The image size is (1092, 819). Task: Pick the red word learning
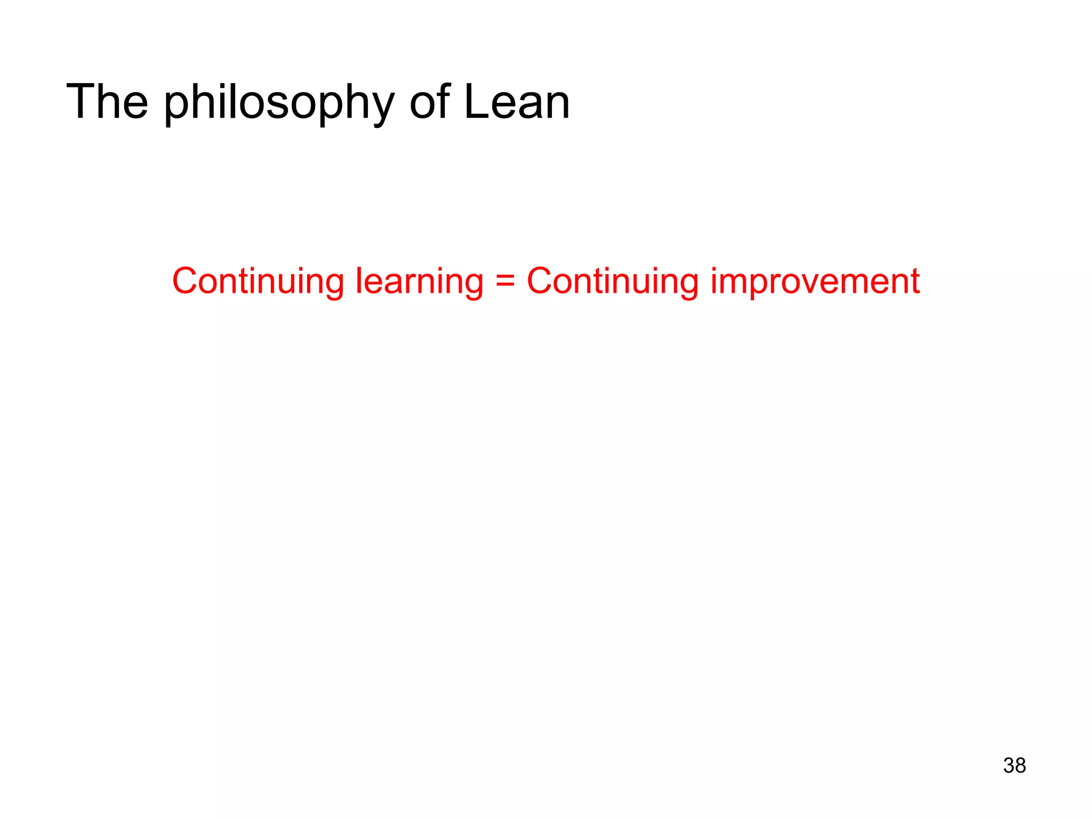click(419, 281)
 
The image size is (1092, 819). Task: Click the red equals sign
click(505, 281)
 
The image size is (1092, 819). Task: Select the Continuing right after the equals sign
click(613, 281)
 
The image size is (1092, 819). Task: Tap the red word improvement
click(815, 281)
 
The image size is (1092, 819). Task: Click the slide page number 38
click(1014, 765)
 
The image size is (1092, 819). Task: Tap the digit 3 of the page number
click(1008, 765)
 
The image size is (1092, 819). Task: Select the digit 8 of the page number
click(1020, 765)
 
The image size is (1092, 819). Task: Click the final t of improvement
click(915, 282)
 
